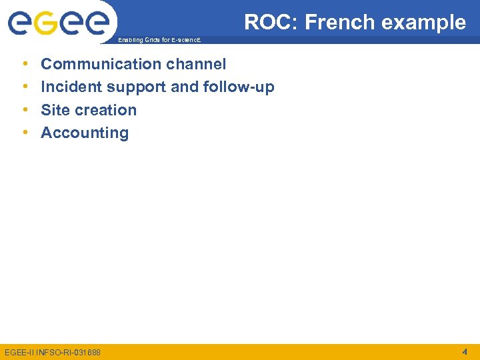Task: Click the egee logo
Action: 59,24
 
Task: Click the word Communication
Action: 101,64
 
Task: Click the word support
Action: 138,87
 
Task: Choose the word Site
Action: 55,110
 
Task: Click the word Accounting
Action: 85,133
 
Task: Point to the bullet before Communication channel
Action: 25,65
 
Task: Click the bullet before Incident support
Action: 25,87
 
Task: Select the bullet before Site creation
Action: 25,110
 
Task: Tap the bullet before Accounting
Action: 25,133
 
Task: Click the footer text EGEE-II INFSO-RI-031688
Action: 53,352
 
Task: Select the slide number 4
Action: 465,351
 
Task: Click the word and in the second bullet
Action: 185,87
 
